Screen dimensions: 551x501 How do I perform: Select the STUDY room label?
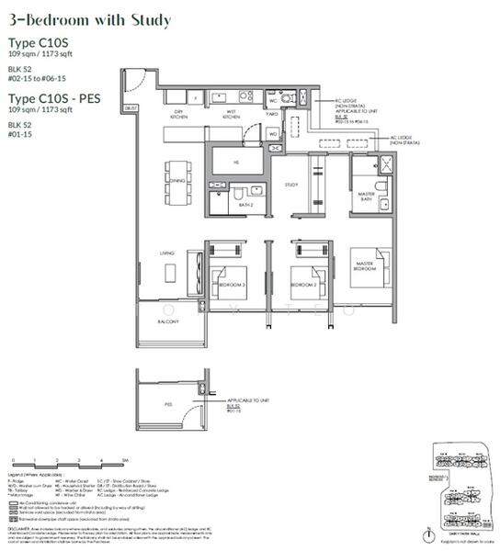click(x=292, y=185)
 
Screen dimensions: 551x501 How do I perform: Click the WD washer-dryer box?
click(x=273, y=134)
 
